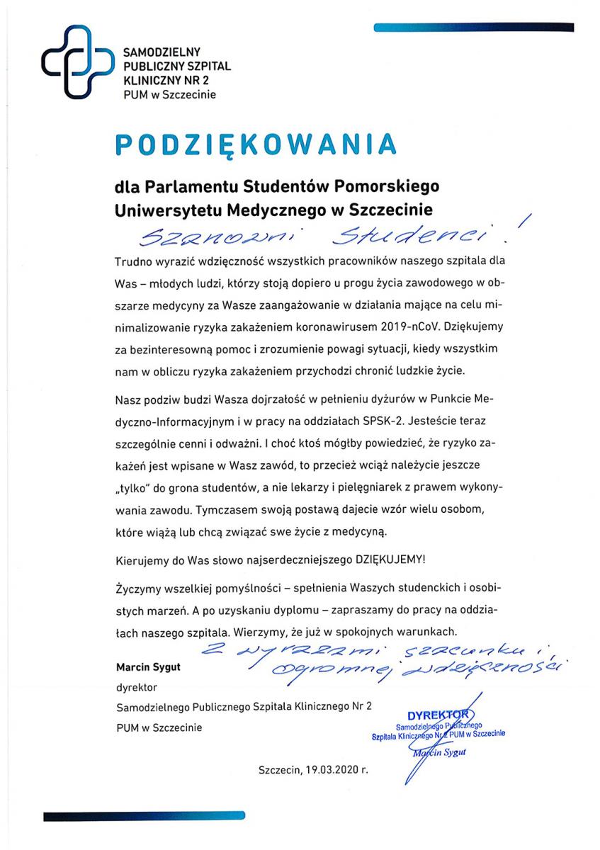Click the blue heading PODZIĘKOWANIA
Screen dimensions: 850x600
[x=255, y=144]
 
